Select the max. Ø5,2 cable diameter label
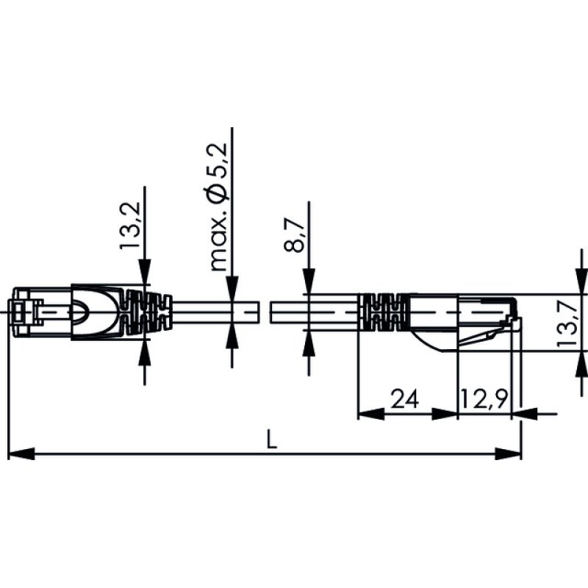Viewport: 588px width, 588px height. [x=219, y=207]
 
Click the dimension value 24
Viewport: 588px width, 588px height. [x=404, y=399]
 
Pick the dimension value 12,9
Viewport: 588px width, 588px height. [x=484, y=399]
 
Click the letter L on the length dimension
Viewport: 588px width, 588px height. [x=271, y=441]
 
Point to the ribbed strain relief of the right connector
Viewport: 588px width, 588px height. [x=382, y=311]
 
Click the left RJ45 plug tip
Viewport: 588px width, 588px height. [x=22, y=312]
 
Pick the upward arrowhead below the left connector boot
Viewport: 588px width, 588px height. [x=144, y=351]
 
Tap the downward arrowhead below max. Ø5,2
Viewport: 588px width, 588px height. [x=232, y=287]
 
